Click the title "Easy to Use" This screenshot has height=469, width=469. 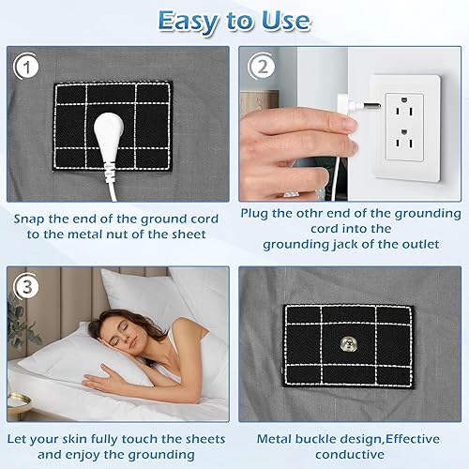point(234,21)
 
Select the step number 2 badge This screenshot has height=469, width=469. point(262,68)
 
